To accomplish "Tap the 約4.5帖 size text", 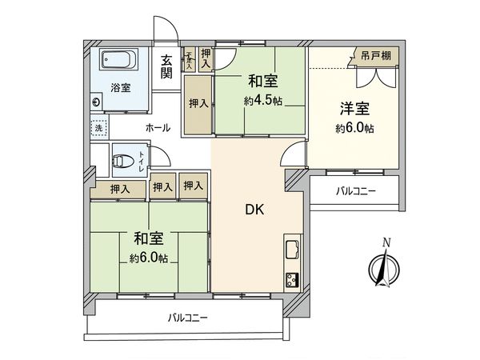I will [263, 101].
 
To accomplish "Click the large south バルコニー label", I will [188, 318].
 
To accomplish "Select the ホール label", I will [158, 128].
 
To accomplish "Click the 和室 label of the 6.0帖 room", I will [149, 238].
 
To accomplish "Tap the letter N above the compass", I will [387, 242].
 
